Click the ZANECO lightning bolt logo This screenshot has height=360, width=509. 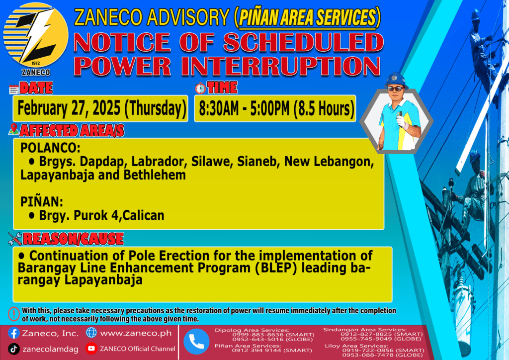[36, 35]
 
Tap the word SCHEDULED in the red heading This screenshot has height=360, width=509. [303, 43]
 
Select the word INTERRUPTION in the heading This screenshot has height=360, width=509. [280, 67]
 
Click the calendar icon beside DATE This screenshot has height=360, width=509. [14, 90]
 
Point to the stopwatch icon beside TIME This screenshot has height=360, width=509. [200, 88]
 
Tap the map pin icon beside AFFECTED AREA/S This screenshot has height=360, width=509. [13, 129]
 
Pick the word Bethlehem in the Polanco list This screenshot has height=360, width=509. [155, 175]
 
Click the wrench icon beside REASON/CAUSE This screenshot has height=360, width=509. [15, 239]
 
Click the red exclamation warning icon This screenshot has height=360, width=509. [14, 314]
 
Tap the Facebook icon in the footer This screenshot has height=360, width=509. [13, 333]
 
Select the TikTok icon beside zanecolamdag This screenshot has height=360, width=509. [13, 349]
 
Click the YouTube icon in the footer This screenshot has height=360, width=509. [91, 348]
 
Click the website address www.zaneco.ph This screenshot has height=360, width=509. [136, 333]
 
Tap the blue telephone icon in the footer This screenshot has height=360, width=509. [196, 342]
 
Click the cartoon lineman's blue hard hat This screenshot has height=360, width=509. [395, 80]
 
